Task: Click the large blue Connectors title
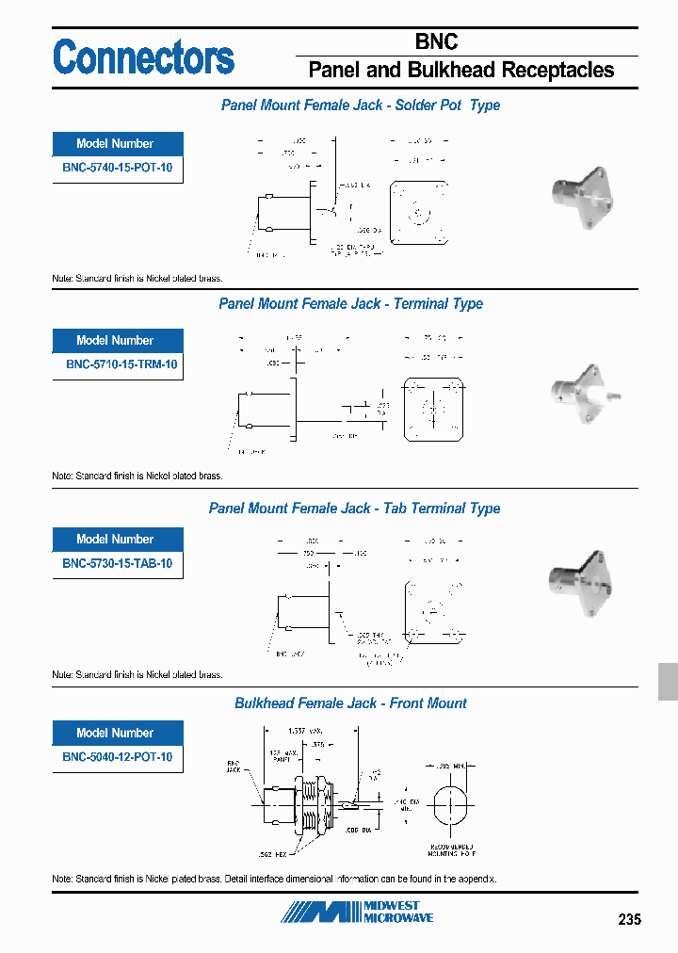click(143, 57)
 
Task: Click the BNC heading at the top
click(436, 41)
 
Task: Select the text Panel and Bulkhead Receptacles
click(460, 71)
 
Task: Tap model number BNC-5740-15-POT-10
click(117, 169)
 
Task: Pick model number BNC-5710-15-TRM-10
click(117, 365)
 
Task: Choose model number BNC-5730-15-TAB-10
click(117, 564)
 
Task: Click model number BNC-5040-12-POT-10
click(117, 757)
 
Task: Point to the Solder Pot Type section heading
click(360, 105)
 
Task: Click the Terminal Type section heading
click(350, 304)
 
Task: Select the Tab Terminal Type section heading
click(354, 509)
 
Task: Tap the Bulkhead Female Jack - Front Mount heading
click(350, 703)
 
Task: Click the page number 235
click(629, 919)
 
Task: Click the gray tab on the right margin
click(667, 681)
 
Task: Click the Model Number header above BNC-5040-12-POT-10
click(117, 733)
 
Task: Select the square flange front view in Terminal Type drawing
click(433, 410)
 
